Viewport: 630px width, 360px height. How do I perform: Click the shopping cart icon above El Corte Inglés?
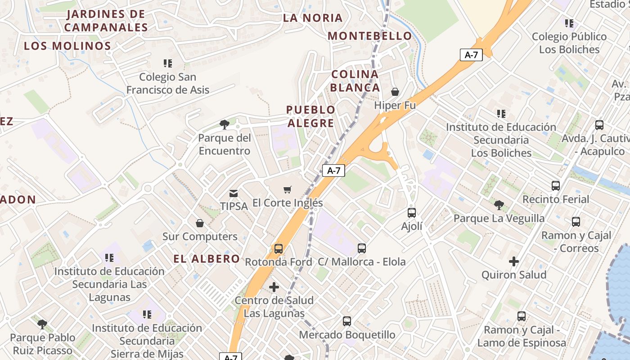point(288,190)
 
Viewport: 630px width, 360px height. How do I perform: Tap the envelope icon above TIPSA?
point(234,193)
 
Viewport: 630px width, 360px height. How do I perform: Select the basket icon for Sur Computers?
point(200,223)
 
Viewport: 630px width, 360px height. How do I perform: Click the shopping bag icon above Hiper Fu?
point(395,92)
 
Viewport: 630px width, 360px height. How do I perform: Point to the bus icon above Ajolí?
point(412,213)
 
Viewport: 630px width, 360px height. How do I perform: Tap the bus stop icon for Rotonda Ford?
point(279,249)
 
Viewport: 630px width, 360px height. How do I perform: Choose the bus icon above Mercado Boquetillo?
point(347,321)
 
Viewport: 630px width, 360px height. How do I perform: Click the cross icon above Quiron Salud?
point(514,261)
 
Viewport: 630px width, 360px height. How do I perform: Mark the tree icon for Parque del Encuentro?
point(224,125)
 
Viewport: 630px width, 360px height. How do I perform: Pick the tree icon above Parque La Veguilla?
point(499,206)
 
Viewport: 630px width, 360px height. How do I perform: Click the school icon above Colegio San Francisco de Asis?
point(168,63)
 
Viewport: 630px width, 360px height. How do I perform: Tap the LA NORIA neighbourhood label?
point(313,18)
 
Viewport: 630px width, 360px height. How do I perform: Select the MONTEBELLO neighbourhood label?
point(370,36)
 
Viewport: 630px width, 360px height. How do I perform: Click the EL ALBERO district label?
point(207,259)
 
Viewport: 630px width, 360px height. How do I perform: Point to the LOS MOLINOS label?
point(67,46)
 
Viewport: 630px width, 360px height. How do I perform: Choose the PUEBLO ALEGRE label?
point(310,116)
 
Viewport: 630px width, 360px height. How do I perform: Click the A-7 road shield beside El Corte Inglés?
point(333,171)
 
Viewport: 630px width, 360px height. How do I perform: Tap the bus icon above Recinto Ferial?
point(556,186)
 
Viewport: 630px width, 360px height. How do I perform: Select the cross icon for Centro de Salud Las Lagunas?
point(274,287)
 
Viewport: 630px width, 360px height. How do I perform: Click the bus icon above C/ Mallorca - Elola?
point(362,248)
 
